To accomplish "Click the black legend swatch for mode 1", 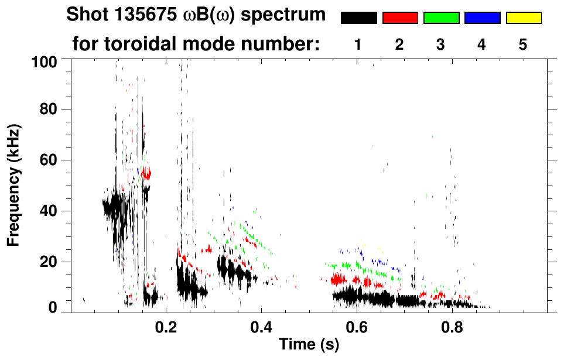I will [358, 18].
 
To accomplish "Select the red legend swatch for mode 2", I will [400, 18].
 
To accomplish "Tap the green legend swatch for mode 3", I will [441, 18].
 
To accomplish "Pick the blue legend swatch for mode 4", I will [482, 18].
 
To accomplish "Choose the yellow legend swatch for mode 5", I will [523, 18].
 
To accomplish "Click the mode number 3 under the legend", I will [440, 45].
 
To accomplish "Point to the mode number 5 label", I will [523, 45].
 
